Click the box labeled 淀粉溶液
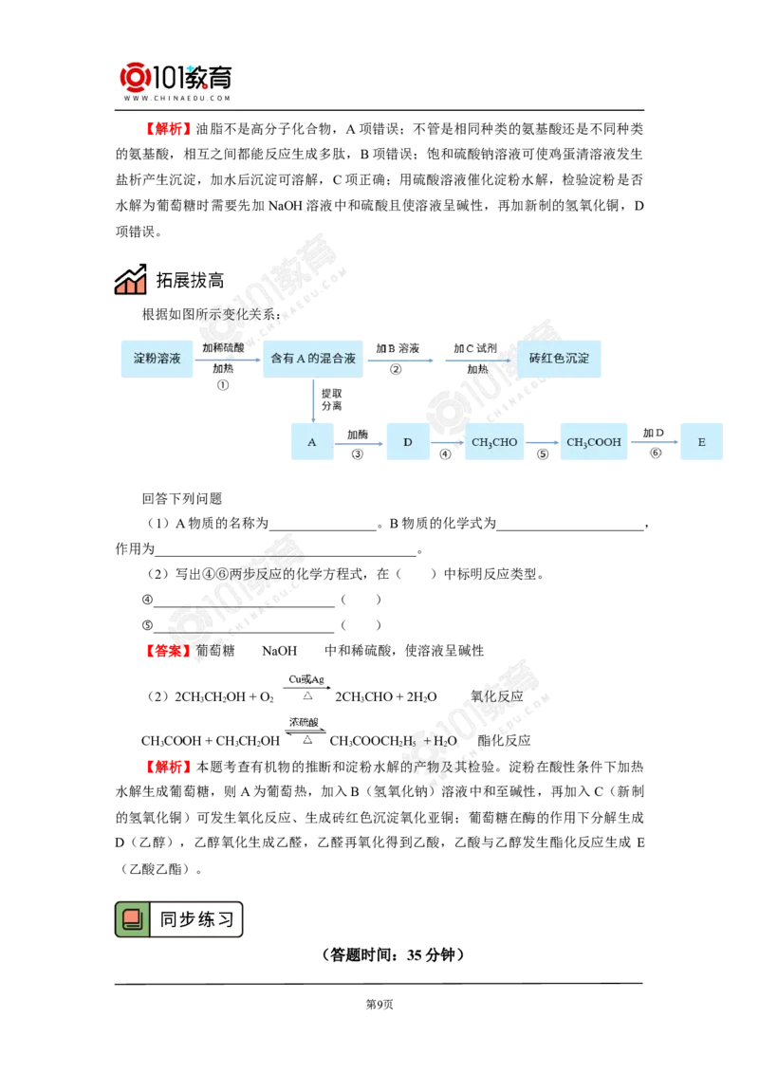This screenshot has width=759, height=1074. tap(157, 359)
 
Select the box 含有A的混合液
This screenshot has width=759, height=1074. tap(313, 359)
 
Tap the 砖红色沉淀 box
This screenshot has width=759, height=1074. tap(559, 359)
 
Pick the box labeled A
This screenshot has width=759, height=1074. tap(312, 442)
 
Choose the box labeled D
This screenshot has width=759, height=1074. tap(408, 442)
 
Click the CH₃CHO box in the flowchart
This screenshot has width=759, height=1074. tap(494, 442)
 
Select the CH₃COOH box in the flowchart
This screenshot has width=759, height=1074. tap(594, 442)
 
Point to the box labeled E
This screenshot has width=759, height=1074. tap(701, 442)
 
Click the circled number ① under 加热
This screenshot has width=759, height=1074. tap(223, 385)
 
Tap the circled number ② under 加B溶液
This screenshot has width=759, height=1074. tap(396, 369)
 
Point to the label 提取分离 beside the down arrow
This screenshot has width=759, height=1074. tap(331, 400)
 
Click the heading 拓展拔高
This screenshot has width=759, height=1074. tap(190, 280)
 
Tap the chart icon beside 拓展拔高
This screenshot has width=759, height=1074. tap(131, 279)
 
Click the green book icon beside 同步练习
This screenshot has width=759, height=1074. tap(132, 918)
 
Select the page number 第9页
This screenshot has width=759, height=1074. tap(379, 1004)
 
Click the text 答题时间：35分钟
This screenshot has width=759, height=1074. tap(393, 954)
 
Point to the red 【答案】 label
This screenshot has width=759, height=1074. tap(168, 650)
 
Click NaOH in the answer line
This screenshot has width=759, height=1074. tap(280, 651)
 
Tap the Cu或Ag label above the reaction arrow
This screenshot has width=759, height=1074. tap(306, 679)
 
